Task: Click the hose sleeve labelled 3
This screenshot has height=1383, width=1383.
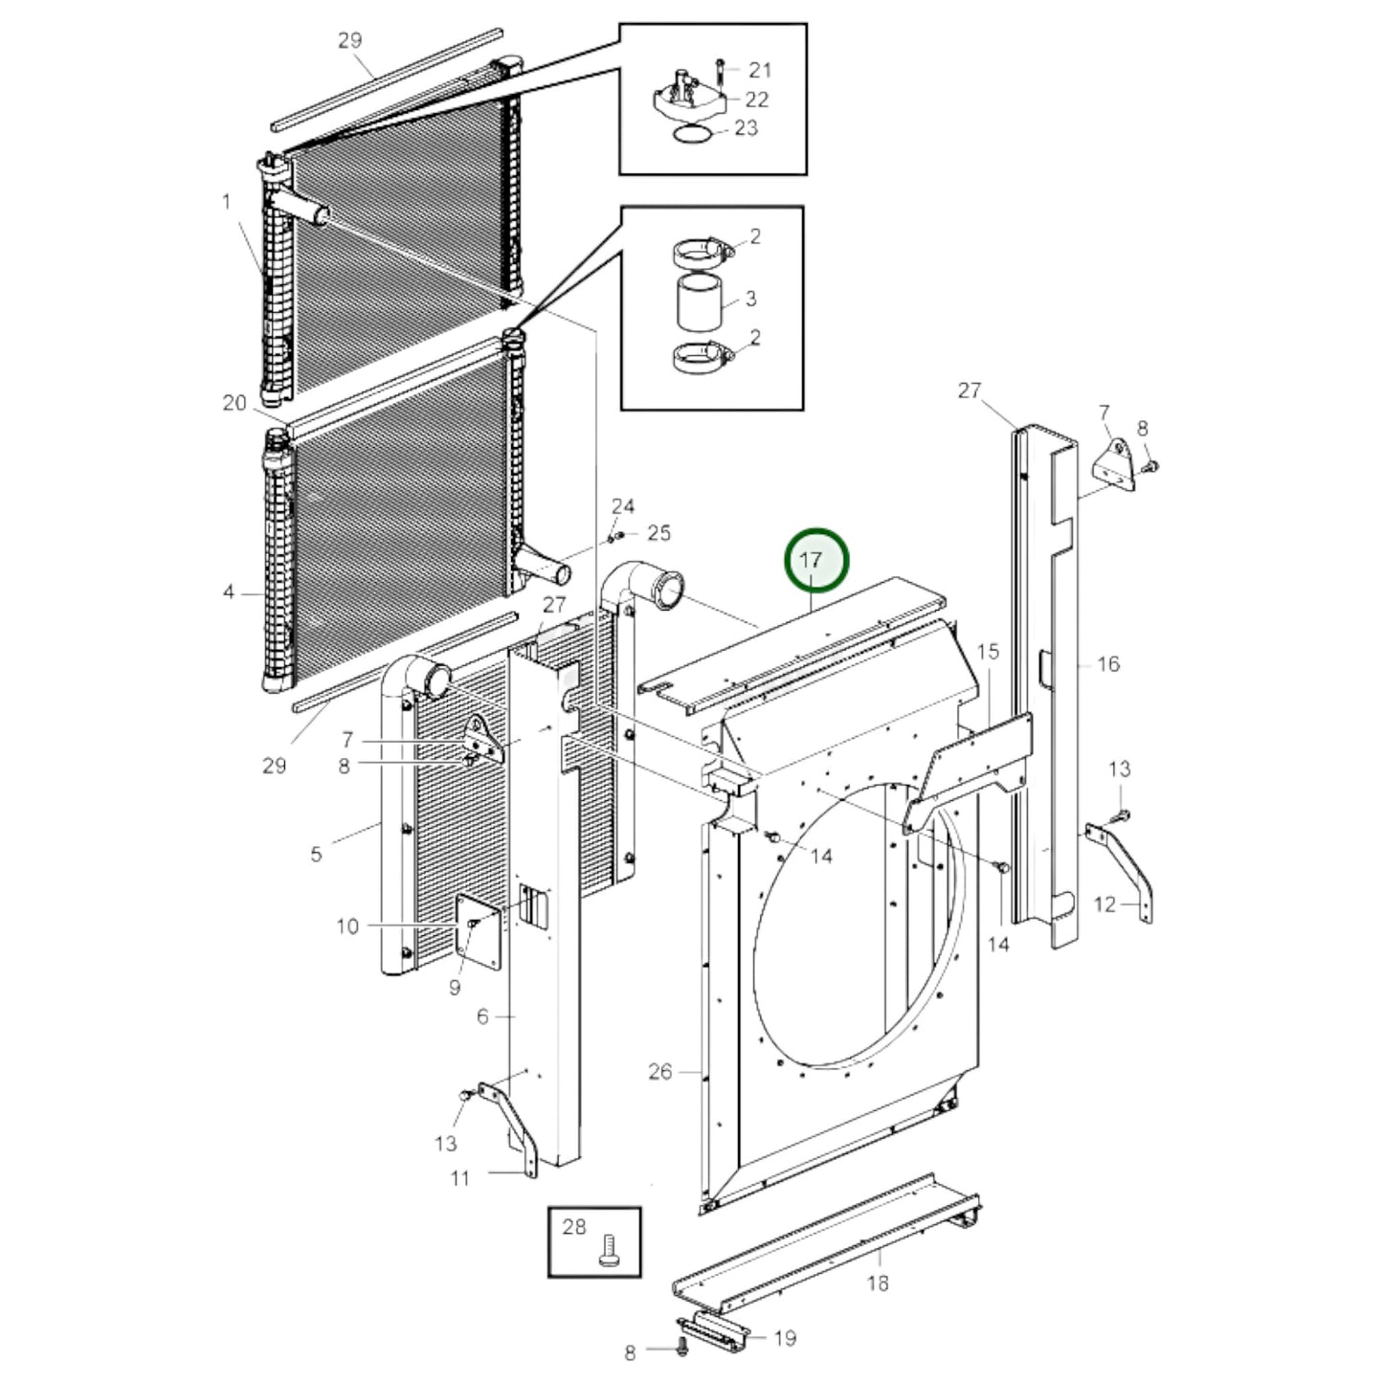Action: tap(698, 300)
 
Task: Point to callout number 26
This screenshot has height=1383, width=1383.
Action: tap(660, 1071)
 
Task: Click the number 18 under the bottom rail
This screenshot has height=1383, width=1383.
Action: tap(878, 1283)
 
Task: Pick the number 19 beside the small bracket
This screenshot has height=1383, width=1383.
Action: tap(784, 1338)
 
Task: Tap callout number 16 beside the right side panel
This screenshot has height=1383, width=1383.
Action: tap(1107, 663)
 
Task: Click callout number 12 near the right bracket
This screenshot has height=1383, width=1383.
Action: tap(1104, 903)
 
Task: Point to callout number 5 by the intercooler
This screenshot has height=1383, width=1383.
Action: tap(317, 854)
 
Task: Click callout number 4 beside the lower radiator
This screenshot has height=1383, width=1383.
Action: tap(228, 592)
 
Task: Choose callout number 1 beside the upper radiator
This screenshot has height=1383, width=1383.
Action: tap(227, 201)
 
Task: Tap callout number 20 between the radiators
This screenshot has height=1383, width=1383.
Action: tap(234, 403)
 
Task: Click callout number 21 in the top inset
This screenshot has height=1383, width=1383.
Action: tap(760, 69)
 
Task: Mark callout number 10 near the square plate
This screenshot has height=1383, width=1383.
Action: tap(347, 926)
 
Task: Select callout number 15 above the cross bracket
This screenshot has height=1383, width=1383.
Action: tap(988, 652)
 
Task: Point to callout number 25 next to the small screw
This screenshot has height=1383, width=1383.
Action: tap(659, 532)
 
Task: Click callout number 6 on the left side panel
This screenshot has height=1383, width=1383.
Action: tap(482, 1016)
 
